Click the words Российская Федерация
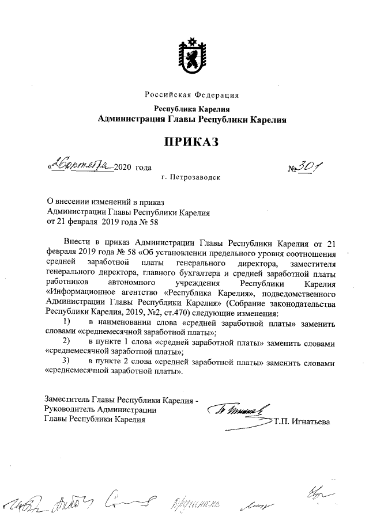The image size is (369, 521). pyautogui.click(x=191, y=95)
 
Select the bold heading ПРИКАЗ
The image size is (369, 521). pyautogui.click(x=191, y=142)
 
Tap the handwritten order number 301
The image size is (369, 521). pyautogui.click(x=311, y=166)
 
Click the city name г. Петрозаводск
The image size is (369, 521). pyautogui.click(x=191, y=178)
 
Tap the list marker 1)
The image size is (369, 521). pyautogui.click(x=67, y=322)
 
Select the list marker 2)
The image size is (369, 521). pyautogui.click(x=67, y=343)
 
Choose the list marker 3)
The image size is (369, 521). pyautogui.click(x=67, y=362)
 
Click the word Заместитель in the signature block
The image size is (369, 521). pyautogui.click(x=69, y=400)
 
